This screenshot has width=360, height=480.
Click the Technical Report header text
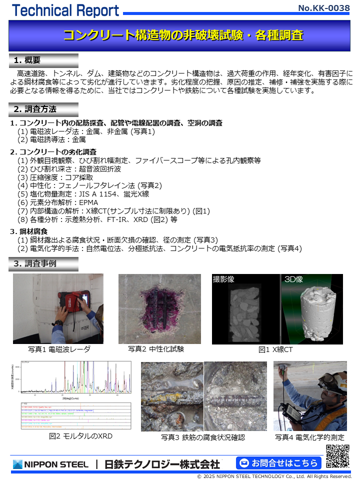tap(65, 10)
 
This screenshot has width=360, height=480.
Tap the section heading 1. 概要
tap(27, 60)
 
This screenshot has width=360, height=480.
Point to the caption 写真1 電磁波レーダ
tap(59, 349)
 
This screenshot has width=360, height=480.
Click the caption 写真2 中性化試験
tap(156, 349)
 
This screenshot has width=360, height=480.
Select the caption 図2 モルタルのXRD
tap(80, 436)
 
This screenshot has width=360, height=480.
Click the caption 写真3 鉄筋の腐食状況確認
tap(203, 437)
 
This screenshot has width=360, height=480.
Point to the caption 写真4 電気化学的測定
tap(309, 437)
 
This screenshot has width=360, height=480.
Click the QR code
tap(337, 455)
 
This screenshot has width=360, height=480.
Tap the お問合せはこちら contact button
tap(278, 462)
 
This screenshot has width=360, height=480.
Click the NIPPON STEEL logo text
tap(51, 464)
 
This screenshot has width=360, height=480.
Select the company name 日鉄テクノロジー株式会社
tap(162, 464)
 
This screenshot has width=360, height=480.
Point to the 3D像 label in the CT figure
tap(294, 279)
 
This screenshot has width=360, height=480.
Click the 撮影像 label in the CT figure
tap(223, 279)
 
